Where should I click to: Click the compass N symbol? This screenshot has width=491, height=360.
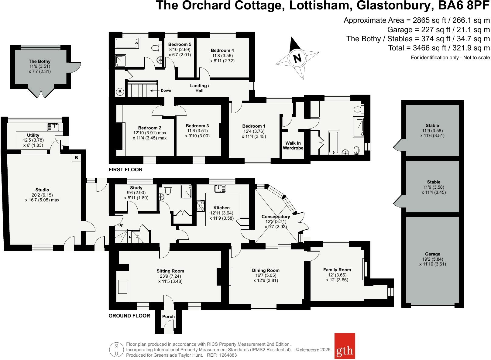point(297,58)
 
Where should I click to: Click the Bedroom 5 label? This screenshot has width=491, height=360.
point(180,44)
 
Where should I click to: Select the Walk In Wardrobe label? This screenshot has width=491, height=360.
point(293,146)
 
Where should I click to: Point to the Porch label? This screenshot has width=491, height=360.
point(168,317)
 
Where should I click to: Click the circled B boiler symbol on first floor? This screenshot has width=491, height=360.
point(120,91)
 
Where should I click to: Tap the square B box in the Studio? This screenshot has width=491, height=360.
point(76,158)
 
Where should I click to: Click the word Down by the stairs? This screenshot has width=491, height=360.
point(166,91)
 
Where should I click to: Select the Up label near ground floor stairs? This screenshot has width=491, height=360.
point(121,225)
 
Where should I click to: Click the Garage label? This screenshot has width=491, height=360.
point(432,254)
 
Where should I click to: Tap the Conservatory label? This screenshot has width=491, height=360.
point(276,217)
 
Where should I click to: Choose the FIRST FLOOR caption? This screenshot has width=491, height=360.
point(125,170)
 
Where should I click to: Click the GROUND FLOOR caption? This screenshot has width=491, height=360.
point(129,316)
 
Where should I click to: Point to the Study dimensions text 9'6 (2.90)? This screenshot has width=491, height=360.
point(136,193)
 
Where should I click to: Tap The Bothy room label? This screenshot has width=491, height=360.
point(39,61)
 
